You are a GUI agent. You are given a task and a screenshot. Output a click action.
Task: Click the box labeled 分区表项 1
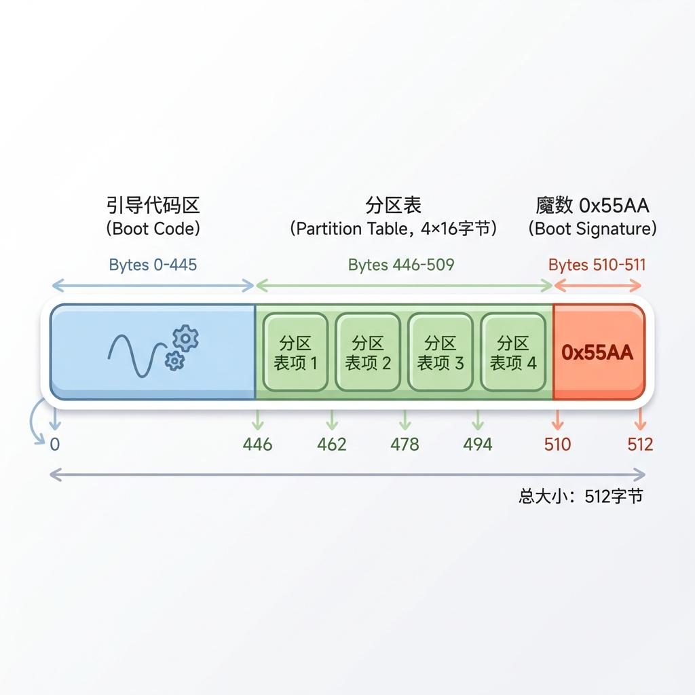coord(295,352)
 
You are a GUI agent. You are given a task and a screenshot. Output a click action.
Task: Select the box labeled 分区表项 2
coord(368,352)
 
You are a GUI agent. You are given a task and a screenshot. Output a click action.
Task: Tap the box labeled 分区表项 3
coord(440,352)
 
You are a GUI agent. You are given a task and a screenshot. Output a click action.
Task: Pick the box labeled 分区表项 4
coord(513,352)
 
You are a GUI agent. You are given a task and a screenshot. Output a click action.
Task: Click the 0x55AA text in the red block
coord(597,352)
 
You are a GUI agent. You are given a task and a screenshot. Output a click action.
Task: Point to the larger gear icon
coord(185,339)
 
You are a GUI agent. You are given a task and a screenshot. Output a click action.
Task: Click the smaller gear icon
coord(174,361)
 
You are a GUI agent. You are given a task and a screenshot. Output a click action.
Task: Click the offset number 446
coord(257,444)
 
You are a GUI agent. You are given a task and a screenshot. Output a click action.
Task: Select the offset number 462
coord(331,444)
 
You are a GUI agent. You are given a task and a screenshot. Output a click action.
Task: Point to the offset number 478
coord(405,444)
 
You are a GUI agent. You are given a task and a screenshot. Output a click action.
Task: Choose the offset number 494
coord(477,444)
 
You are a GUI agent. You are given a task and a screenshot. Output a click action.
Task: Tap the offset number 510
coord(558,444)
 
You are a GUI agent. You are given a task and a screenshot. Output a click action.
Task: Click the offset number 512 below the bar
coord(640,444)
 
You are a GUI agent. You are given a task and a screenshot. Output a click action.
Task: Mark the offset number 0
coord(54,444)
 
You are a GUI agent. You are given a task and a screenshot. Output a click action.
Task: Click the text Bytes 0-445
coord(153,265)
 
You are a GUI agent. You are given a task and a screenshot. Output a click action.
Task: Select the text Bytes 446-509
coord(401,265)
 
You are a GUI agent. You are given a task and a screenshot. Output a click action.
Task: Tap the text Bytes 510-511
coord(597,265)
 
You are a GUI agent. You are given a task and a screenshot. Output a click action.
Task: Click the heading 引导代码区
coord(153,205)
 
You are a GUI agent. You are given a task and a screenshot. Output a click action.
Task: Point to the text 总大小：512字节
coord(581,496)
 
